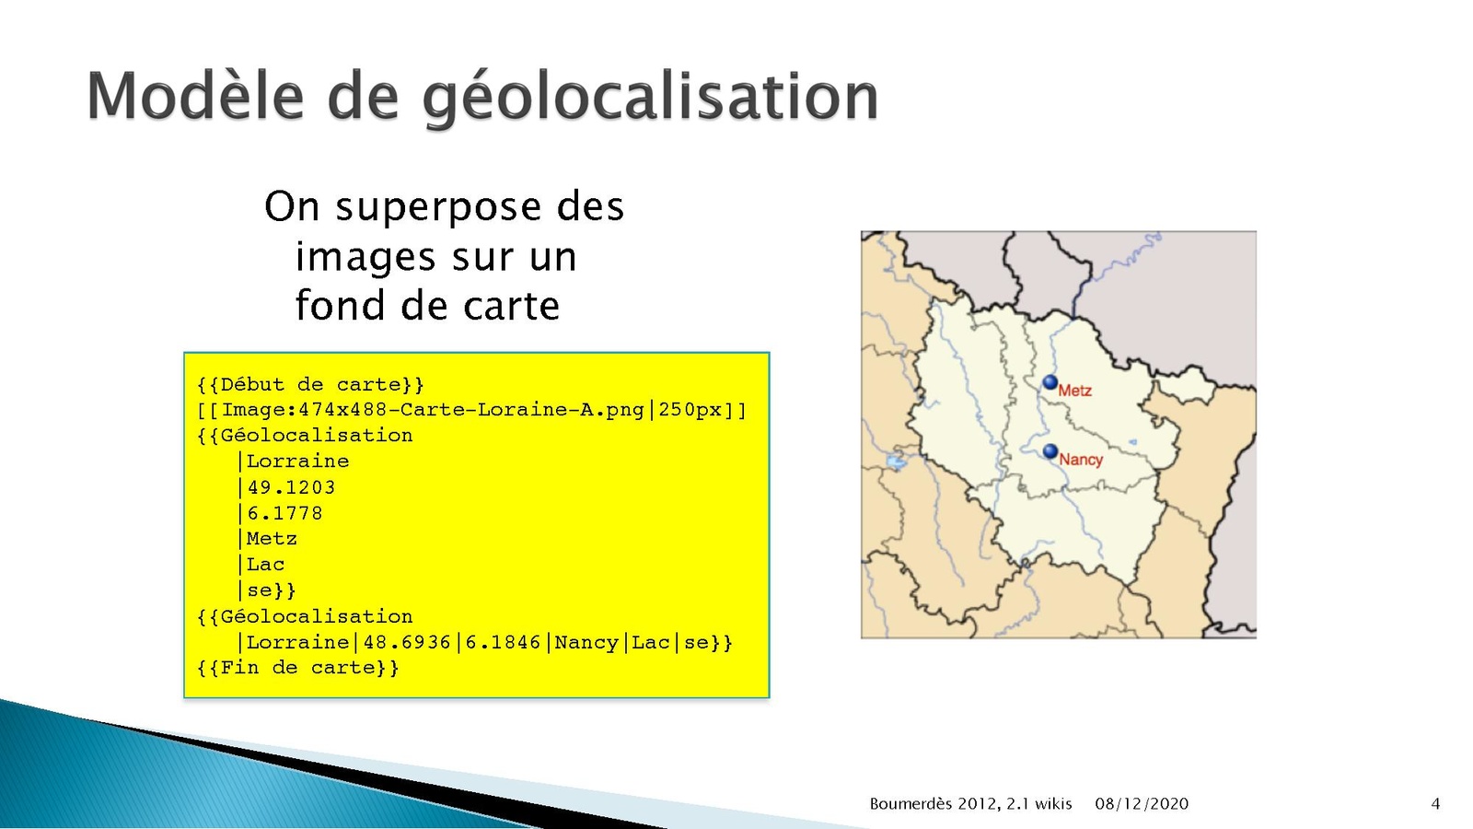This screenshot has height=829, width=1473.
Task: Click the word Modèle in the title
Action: (195, 96)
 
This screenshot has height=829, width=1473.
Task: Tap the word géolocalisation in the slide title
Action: (650, 99)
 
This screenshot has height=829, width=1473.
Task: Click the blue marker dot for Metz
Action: (1050, 382)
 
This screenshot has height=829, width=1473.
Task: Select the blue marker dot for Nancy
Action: (1050, 451)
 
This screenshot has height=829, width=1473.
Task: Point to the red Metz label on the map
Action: (1075, 391)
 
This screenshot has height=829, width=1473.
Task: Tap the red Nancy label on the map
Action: (1081, 460)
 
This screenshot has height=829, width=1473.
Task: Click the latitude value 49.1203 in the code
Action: (291, 487)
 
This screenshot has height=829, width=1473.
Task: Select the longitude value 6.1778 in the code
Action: (285, 513)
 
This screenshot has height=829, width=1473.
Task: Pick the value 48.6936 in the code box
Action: (407, 642)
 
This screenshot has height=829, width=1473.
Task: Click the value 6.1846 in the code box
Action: (503, 642)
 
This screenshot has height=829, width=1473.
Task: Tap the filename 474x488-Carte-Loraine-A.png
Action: (470, 410)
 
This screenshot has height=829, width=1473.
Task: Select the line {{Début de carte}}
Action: (310, 385)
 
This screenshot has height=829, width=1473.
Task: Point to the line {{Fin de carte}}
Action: (298, 668)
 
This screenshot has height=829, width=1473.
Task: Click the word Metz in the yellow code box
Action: (272, 539)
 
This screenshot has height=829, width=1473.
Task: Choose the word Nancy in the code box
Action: (586, 642)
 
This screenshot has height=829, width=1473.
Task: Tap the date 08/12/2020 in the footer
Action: (1142, 804)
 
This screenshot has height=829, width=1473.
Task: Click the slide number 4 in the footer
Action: (1435, 804)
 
